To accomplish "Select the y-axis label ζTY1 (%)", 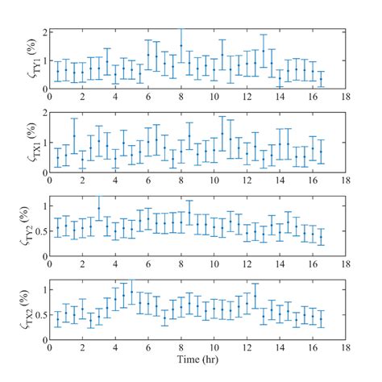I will coord(30,60).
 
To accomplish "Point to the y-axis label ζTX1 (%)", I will coord(30,144).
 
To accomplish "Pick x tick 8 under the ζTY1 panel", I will coord(181,95).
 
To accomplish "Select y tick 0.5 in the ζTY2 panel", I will coord(39,230).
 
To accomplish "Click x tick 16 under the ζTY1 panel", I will coord(312,95).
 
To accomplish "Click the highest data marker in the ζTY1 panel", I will coord(181,46).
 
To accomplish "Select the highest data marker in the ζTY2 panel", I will coord(99,208).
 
